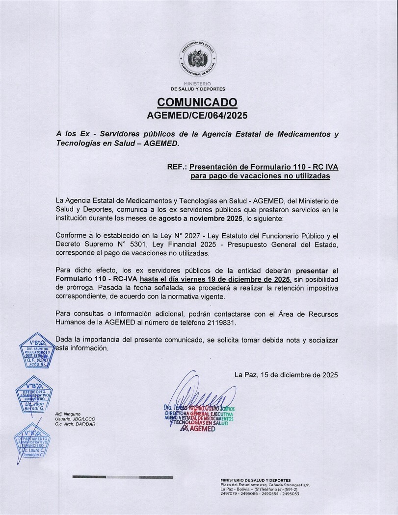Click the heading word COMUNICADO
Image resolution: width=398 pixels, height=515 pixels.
[x=197, y=102]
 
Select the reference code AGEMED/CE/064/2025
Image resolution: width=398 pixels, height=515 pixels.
[x=197, y=116]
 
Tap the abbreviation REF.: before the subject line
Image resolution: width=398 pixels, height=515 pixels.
[x=177, y=167]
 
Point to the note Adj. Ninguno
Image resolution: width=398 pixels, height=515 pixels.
[x=68, y=414]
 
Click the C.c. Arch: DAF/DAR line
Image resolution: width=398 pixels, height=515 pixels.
[x=75, y=424]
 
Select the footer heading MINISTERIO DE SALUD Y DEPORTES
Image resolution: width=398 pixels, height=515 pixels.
[x=256, y=480]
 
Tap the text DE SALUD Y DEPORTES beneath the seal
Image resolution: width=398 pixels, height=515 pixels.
[x=198, y=89]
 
